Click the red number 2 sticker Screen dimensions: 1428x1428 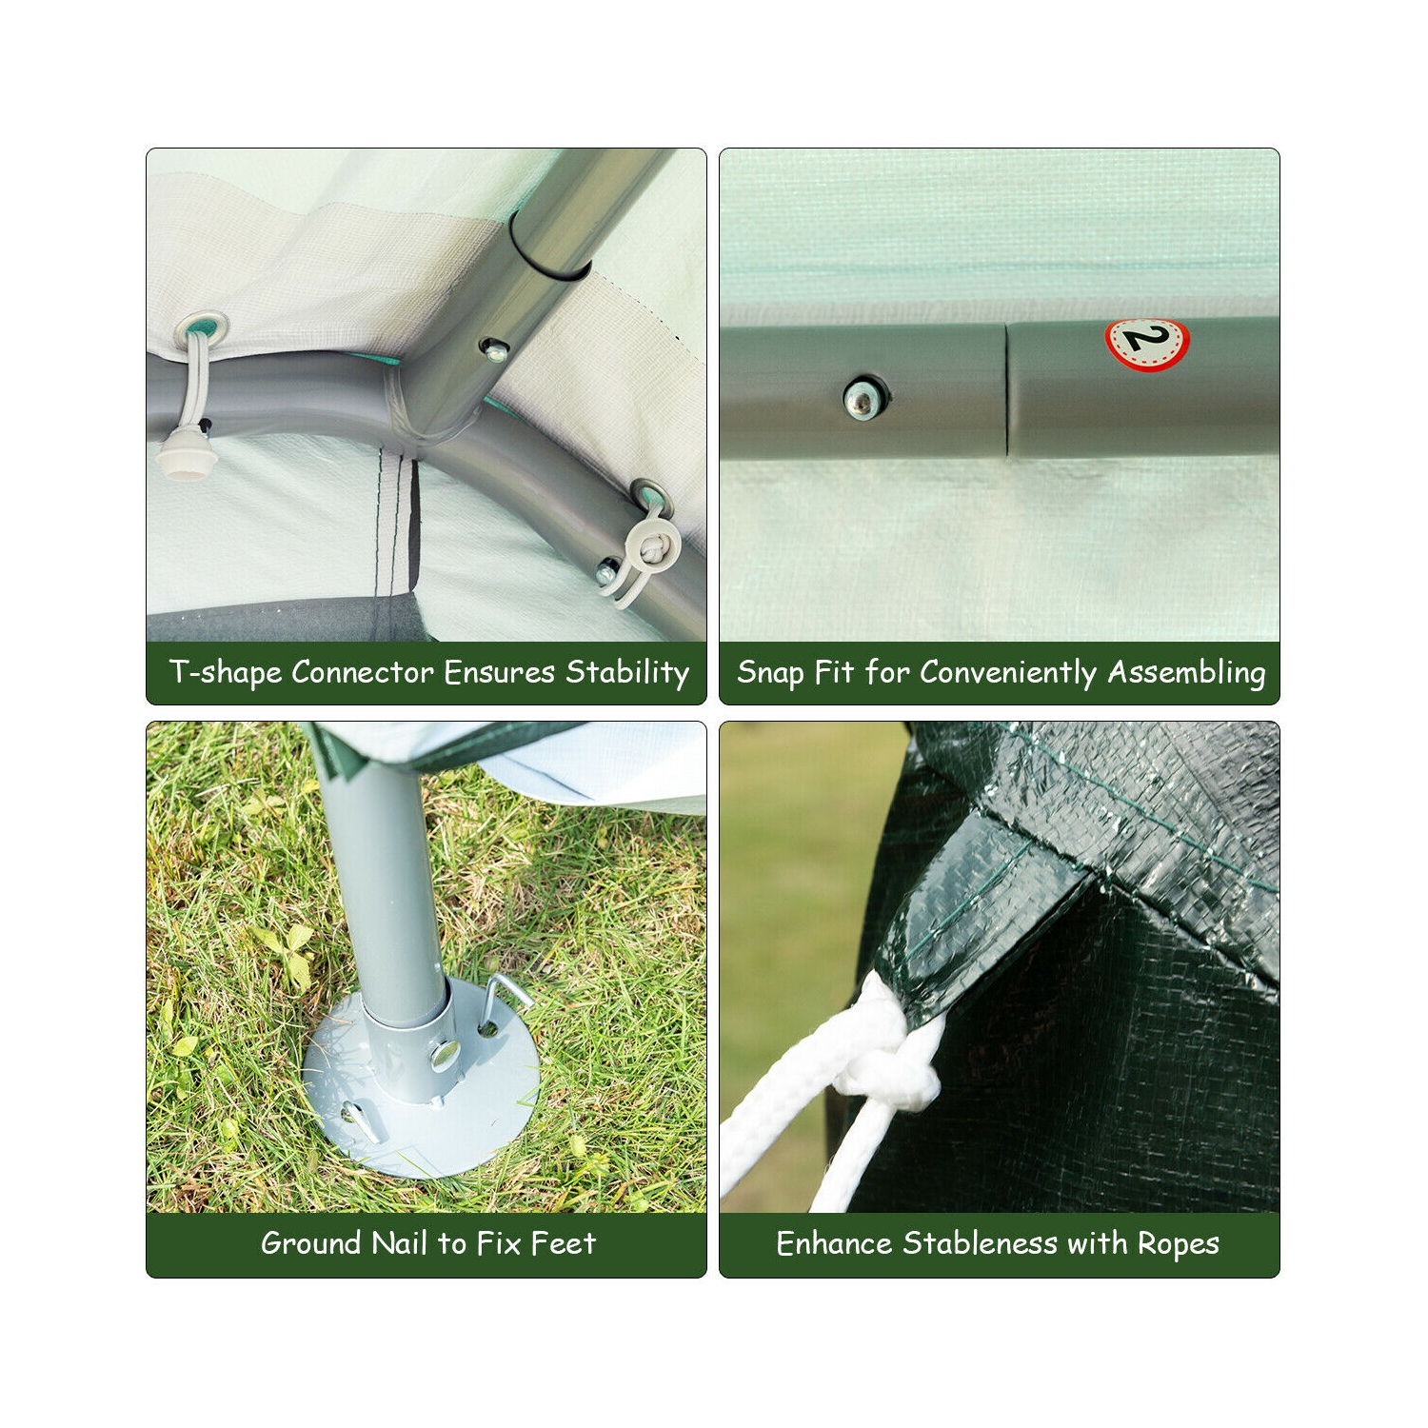[1147, 343]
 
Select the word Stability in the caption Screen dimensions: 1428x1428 [627, 673]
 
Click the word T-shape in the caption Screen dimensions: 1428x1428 [225, 673]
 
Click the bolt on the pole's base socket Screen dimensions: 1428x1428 [444, 1052]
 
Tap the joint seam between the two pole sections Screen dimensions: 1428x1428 [1006, 390]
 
